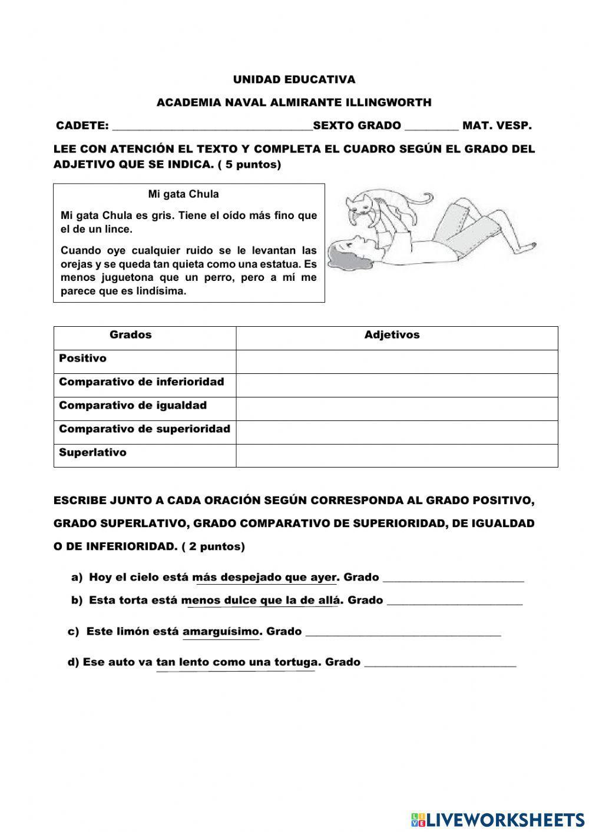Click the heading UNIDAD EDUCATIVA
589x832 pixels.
tap(294, 79)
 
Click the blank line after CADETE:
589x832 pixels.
tap(212, 127)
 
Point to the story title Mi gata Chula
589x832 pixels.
tap(183, 194)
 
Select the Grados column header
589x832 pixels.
tap(131, 335)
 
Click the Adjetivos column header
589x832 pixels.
tap(392, 335)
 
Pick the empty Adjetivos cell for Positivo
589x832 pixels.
tap(396, 362)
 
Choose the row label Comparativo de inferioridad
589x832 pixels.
tap(141, 382)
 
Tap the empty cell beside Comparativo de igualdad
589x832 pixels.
tap(396, 409)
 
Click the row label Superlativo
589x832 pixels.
tap(92, 453)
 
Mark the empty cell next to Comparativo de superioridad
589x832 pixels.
tap(396, 432)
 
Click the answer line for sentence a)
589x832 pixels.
tap(453, 579)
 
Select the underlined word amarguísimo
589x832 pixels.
tap(221, 632)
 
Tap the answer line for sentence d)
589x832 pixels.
tap(440, 664)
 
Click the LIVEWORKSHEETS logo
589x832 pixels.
tap(498, 819)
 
